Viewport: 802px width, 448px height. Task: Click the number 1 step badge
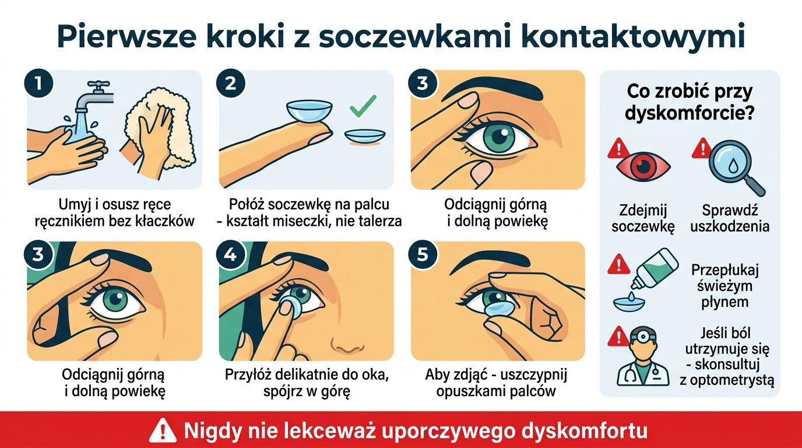click(x=38, y=83)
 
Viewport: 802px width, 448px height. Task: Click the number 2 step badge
click(x=230, y=83)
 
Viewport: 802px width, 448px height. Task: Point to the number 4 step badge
click(x=230, y=255)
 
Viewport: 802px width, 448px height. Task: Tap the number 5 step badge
click(x=423, y=255)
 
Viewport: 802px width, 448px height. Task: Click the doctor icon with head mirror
click(x=641, y=359)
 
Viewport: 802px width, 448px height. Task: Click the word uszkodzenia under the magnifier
click(x=729, y=226)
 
